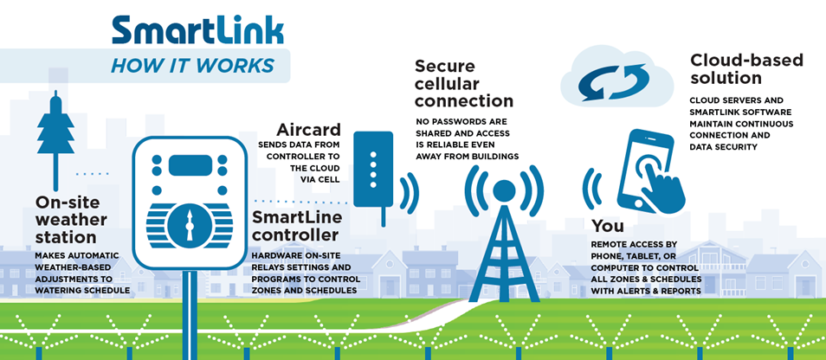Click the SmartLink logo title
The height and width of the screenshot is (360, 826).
tap(197, 29)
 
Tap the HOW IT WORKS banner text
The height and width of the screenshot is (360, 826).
tap(192, 66)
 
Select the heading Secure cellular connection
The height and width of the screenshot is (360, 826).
tap(463, 83)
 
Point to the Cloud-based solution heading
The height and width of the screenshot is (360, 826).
tap(746, 69)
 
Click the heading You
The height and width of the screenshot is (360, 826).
tap(608, 226)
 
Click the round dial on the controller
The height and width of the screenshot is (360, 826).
tap(190, 223)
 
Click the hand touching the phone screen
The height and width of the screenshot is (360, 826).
tap(666, 184)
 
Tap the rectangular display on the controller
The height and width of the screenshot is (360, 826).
tap(190, 164)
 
